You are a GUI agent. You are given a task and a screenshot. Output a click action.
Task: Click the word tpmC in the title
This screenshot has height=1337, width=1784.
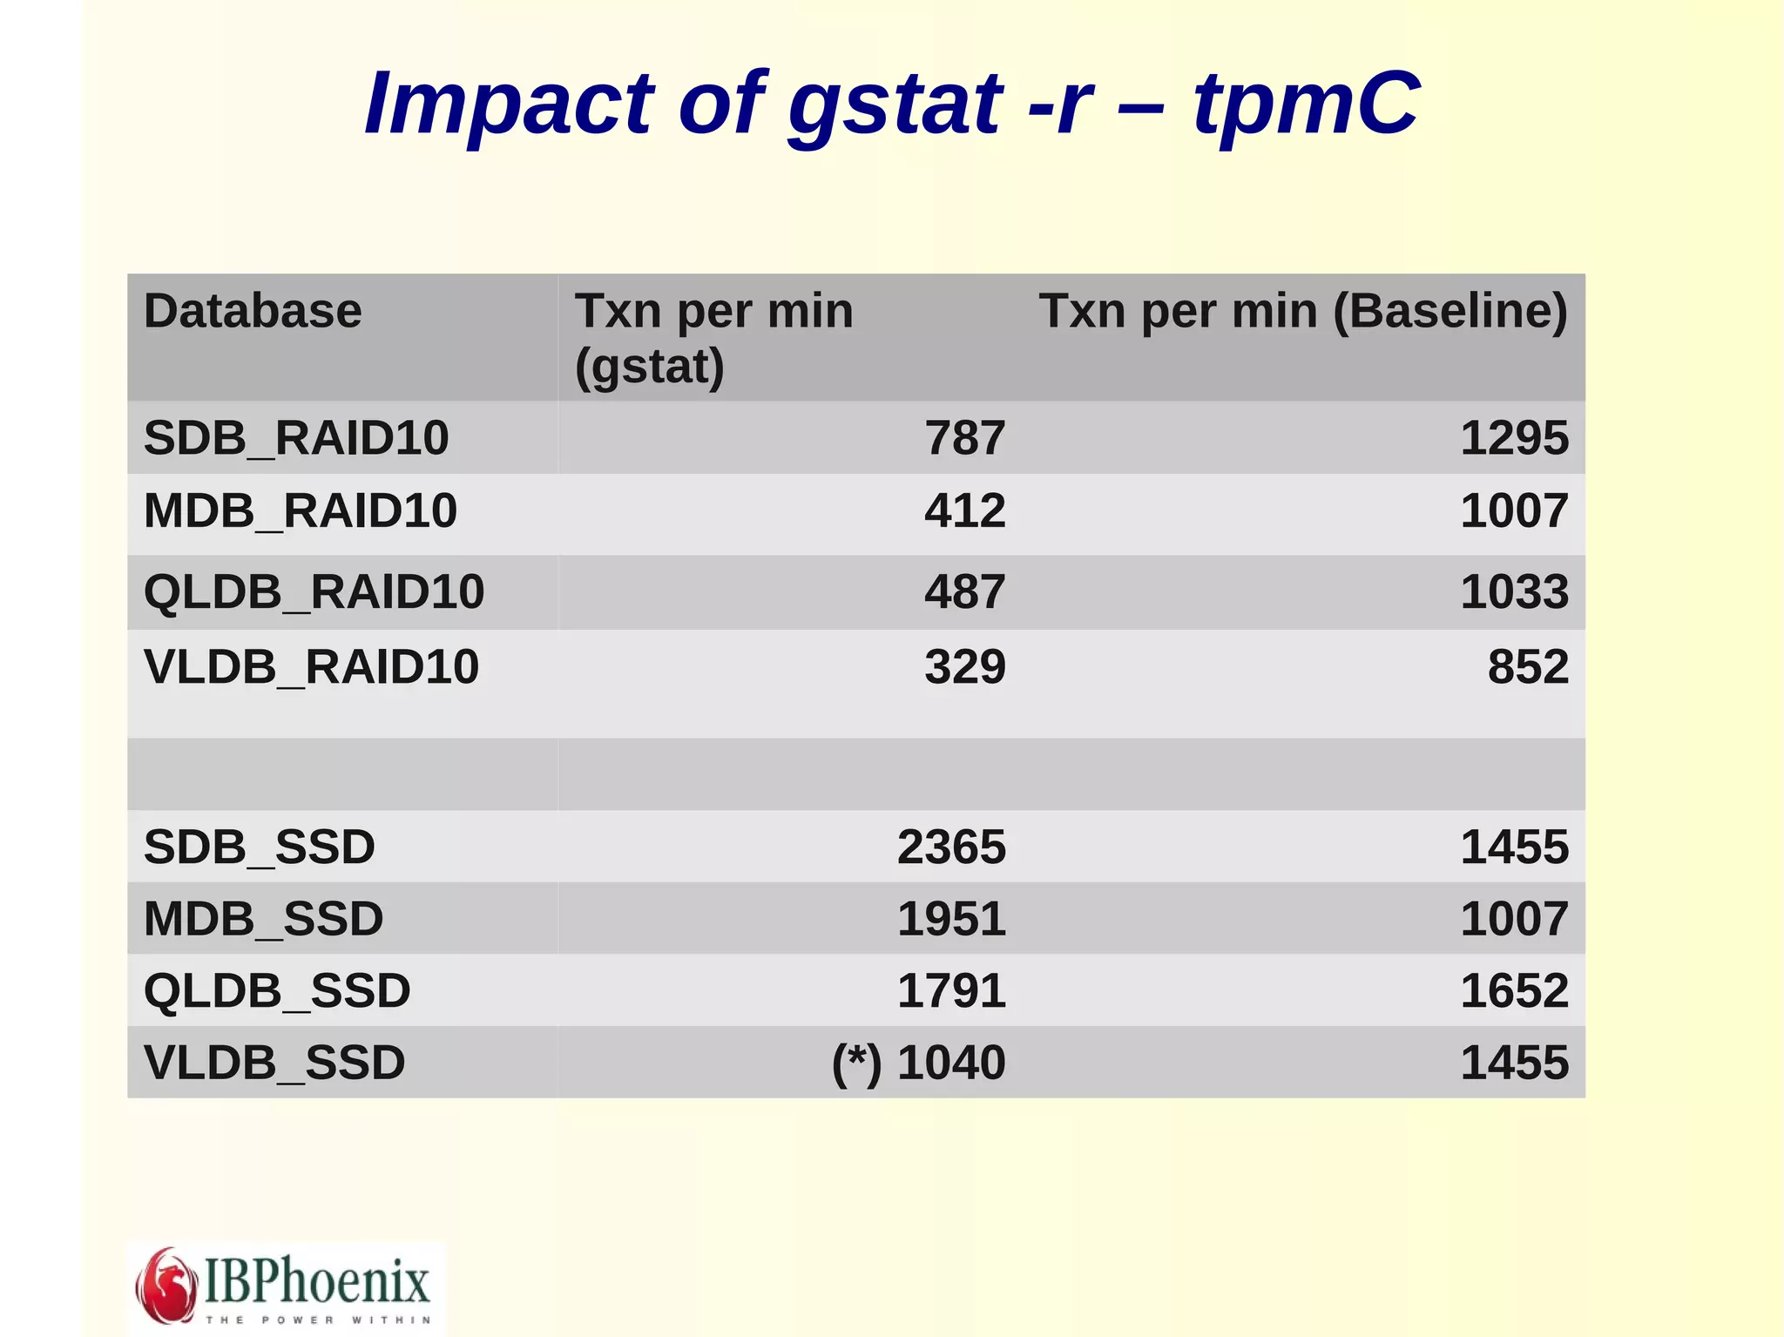click(x=1306, y=105)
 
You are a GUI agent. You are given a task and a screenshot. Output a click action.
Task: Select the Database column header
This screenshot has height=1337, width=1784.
click(x=253, y=311)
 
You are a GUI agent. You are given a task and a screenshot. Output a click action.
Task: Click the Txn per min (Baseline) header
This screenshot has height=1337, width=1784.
click(x=1302, y=311)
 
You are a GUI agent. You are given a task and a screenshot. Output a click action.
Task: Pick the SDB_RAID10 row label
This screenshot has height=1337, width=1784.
click(x=296, y=437)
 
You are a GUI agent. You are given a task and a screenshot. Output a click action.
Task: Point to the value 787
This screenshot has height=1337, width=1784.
click(x=964, y=437)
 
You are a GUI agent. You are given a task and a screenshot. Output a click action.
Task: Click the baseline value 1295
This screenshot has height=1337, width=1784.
click(x=1514, y=437)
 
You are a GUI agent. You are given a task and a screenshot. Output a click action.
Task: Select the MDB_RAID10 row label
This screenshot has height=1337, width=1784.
click(x=301, y=510)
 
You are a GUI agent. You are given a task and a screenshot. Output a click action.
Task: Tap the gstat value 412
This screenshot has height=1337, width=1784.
click(x=964, y=510)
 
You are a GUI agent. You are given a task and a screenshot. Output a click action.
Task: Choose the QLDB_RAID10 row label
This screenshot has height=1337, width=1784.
click(x=314, y=592)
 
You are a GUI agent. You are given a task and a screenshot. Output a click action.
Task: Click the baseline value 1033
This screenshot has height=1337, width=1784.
click(x=1514, y=592)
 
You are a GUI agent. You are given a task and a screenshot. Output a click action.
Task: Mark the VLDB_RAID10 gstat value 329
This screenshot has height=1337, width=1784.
click(x=964, y=667)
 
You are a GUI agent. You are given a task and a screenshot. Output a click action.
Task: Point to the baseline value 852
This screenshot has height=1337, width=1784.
click(x=1528, y=667)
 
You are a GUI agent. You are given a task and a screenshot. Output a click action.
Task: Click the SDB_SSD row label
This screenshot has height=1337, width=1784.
click(x=260, y=847)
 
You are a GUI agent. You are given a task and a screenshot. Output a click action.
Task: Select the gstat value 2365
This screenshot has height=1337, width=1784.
click(x=951, y=847)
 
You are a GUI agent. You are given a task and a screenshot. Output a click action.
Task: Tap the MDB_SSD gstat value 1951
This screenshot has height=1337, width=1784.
click(x=951, y=919)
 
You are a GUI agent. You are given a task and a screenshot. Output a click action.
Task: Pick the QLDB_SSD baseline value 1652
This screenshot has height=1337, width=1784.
click(x=1514, y=991)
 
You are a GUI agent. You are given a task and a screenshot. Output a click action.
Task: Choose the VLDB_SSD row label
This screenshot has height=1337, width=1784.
click(x=274, y=1063)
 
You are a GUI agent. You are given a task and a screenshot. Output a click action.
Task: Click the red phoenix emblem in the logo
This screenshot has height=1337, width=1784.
click(x=166, y=1284)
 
